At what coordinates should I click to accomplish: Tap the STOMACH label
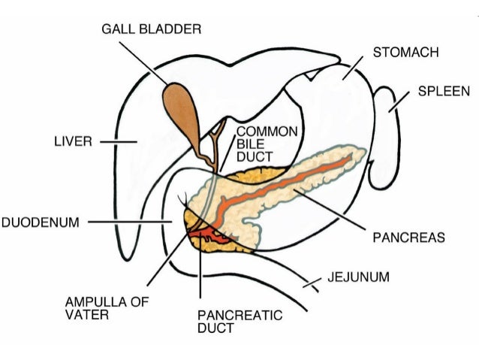point(405,53)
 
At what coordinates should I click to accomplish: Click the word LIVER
point(73,141)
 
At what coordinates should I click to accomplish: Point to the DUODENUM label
point(41,222)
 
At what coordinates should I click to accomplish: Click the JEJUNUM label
point(358,277)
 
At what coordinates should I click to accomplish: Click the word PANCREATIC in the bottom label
point(229,316)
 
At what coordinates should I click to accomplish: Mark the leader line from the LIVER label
point(117,141)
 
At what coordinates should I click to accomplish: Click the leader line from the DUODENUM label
point(128,222)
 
